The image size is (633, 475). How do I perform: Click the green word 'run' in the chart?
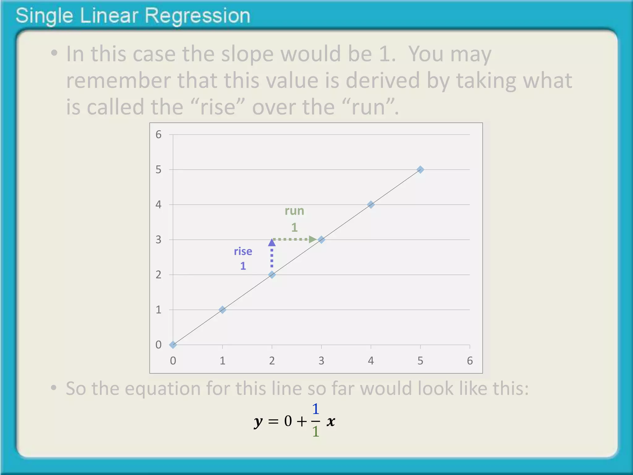(294, 211)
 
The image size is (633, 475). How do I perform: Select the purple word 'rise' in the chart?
(243, 251)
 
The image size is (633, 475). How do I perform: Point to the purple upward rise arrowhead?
(272, 242)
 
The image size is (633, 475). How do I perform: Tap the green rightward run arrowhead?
(313, 239)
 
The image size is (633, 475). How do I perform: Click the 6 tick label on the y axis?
(159, 135)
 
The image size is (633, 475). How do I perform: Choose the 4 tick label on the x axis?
(371, 361)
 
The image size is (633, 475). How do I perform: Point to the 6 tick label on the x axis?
(470, 361)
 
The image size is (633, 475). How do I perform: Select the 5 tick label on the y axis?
(159, 169)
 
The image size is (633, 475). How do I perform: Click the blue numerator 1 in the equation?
(315, 409)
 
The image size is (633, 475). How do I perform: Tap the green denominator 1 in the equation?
(315, 432)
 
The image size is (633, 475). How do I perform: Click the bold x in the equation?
(331, 421)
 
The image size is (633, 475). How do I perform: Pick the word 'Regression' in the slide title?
(197, 16)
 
